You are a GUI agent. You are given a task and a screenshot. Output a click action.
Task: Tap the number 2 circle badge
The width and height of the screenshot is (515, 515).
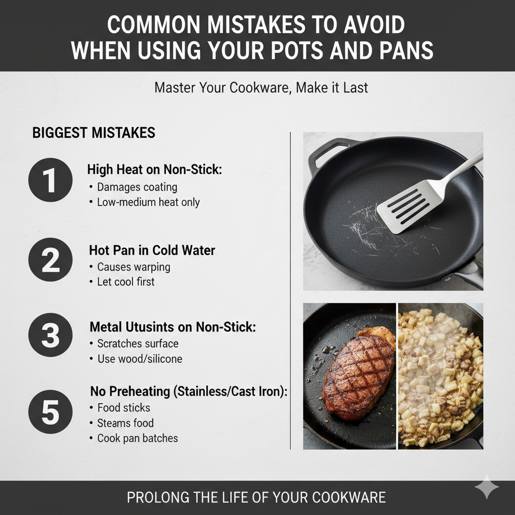50,260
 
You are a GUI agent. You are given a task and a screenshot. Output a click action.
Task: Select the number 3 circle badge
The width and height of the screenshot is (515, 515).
50,335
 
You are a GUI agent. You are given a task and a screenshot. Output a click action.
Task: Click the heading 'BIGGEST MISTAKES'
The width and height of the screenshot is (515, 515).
94,133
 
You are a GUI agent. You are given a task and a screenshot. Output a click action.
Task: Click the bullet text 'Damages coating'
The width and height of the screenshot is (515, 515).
137,187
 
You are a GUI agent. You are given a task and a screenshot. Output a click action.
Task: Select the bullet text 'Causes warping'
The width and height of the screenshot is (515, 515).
133,267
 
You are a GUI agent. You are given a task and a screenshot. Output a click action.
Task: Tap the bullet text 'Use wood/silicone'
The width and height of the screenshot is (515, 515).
139,359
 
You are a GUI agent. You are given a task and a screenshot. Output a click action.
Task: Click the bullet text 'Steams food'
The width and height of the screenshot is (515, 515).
125,423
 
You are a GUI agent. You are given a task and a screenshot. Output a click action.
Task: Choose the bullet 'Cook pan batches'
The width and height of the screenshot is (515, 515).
137,438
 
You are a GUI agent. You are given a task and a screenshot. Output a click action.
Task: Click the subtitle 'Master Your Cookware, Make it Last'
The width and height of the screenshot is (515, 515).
261,88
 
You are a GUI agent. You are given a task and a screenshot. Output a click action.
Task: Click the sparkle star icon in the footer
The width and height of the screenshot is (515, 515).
486,487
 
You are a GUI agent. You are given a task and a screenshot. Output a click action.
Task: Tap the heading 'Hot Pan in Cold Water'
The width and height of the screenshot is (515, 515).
152,250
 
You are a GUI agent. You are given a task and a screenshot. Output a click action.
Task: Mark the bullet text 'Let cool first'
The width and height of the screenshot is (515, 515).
125,282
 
